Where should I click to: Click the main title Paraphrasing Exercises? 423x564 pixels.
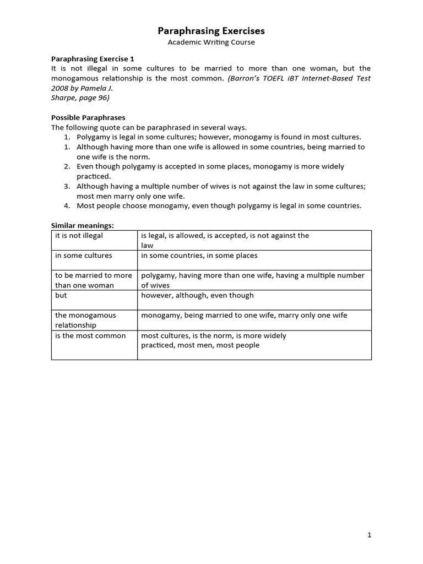pyautogui.click(x=211, y=31)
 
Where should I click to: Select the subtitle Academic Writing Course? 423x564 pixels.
pyautogui.click(x=211, y=42)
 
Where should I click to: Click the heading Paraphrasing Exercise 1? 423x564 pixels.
pyautogui.click(x=93, y=58)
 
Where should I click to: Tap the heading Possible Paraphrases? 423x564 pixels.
pyautogui.click(x=88, y=117)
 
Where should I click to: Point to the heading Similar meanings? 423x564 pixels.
pyautogui.click(x=82, y=225)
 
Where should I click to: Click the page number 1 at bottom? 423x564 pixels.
pyautogui.click(x=370, y=535)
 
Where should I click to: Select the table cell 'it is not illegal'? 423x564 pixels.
pyautogui.click(x=79, y=236)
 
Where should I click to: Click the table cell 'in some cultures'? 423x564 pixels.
pyautogui.click(x=84, y=256)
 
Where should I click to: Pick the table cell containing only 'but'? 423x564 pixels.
pyautogui.click(x=61, y=295)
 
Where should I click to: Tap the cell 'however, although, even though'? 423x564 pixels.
pyautogui.click(x=198, y=295)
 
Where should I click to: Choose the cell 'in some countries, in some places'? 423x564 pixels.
pyautogui.click(x=199, y=256)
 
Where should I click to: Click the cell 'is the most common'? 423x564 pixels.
pyautogui.click(x=90, y=335)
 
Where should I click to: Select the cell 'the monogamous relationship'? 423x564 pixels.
pyautogui.click(x=85, y=320)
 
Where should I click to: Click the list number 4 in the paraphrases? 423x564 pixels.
pyautogui.click(x=66, y=206)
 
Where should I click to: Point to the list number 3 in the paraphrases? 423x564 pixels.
pyautogui.click(x=66, y=186)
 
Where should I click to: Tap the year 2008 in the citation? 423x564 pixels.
pyautogui.click(x=61, y=88)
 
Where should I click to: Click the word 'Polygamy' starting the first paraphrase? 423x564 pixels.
pyautogui.click(x=94, y=137)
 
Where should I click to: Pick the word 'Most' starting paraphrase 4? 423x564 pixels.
pyautogui.click(x=86, y=206)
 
